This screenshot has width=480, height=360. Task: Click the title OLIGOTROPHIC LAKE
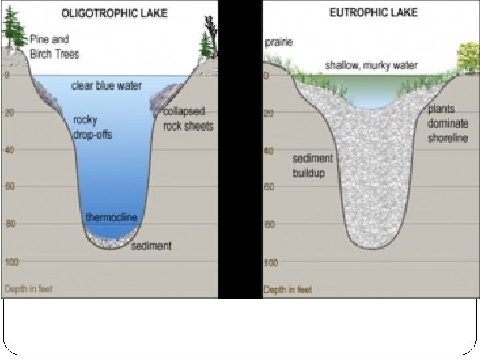click(x=114, y=13)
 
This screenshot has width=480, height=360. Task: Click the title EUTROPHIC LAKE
click(x=373, y=13)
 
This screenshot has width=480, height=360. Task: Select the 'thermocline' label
click(x=111, y=218)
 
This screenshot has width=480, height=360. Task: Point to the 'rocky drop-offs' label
click(x=93, y=127)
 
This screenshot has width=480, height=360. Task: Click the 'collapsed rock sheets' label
click(x=189, y=118)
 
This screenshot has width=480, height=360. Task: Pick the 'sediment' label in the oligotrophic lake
click(x=151, y=246)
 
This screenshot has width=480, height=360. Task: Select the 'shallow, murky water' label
click(x=371, y=65)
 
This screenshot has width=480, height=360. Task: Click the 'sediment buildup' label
click(x=312, y=167)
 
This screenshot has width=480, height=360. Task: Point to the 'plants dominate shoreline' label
click(x=447, y=123)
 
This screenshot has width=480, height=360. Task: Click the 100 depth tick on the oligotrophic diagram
click(x=11, y=263)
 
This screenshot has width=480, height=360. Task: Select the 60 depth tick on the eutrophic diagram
click(x=269, y=187)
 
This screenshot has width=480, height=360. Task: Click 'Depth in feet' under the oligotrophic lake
click(x=28, y=289)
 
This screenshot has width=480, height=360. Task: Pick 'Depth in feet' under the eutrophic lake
click(x=287, y=290)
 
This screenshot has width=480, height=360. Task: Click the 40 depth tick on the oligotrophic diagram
click(x=9, y=149)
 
